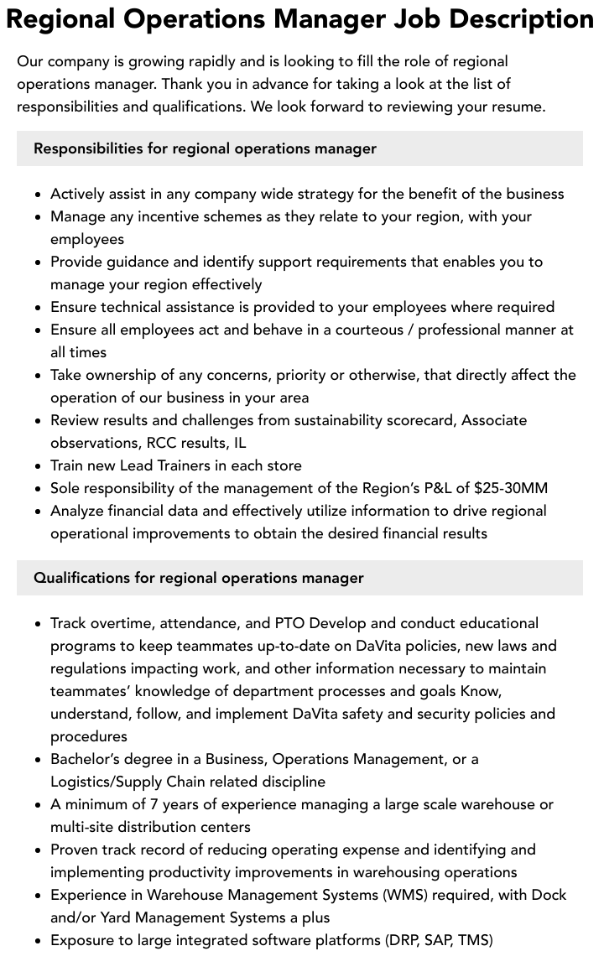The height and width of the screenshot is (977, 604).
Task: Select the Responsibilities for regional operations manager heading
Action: click(205, 148)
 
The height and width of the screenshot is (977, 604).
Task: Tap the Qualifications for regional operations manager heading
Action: click(199, 578)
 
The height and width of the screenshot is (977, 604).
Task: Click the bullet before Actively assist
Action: click(39, 195)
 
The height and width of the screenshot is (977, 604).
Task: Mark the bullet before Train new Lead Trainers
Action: click(39, 466)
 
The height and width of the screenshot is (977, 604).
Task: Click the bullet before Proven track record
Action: click(39, 850)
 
